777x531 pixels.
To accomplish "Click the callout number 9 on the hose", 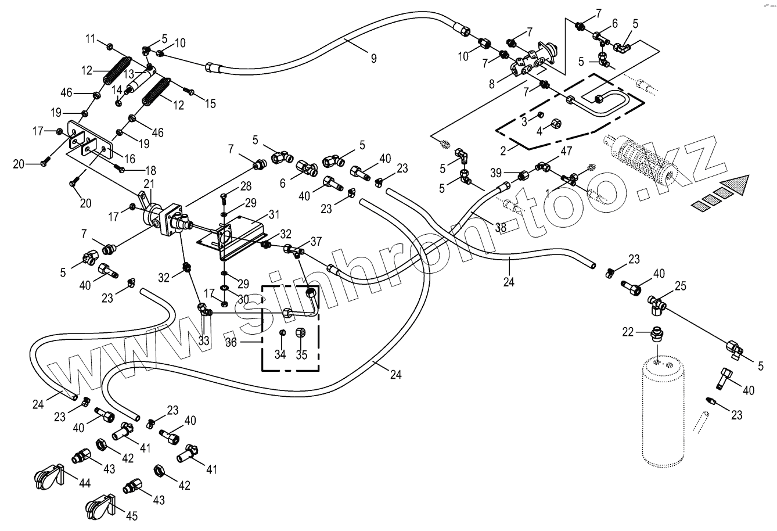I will pos(374,58).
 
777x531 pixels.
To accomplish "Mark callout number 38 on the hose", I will pos(501,227).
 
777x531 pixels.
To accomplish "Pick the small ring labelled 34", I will pos(282,332).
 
